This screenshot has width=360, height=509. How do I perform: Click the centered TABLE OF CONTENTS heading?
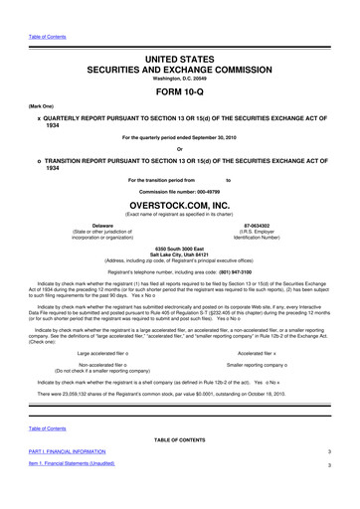click(x=180, y=465)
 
